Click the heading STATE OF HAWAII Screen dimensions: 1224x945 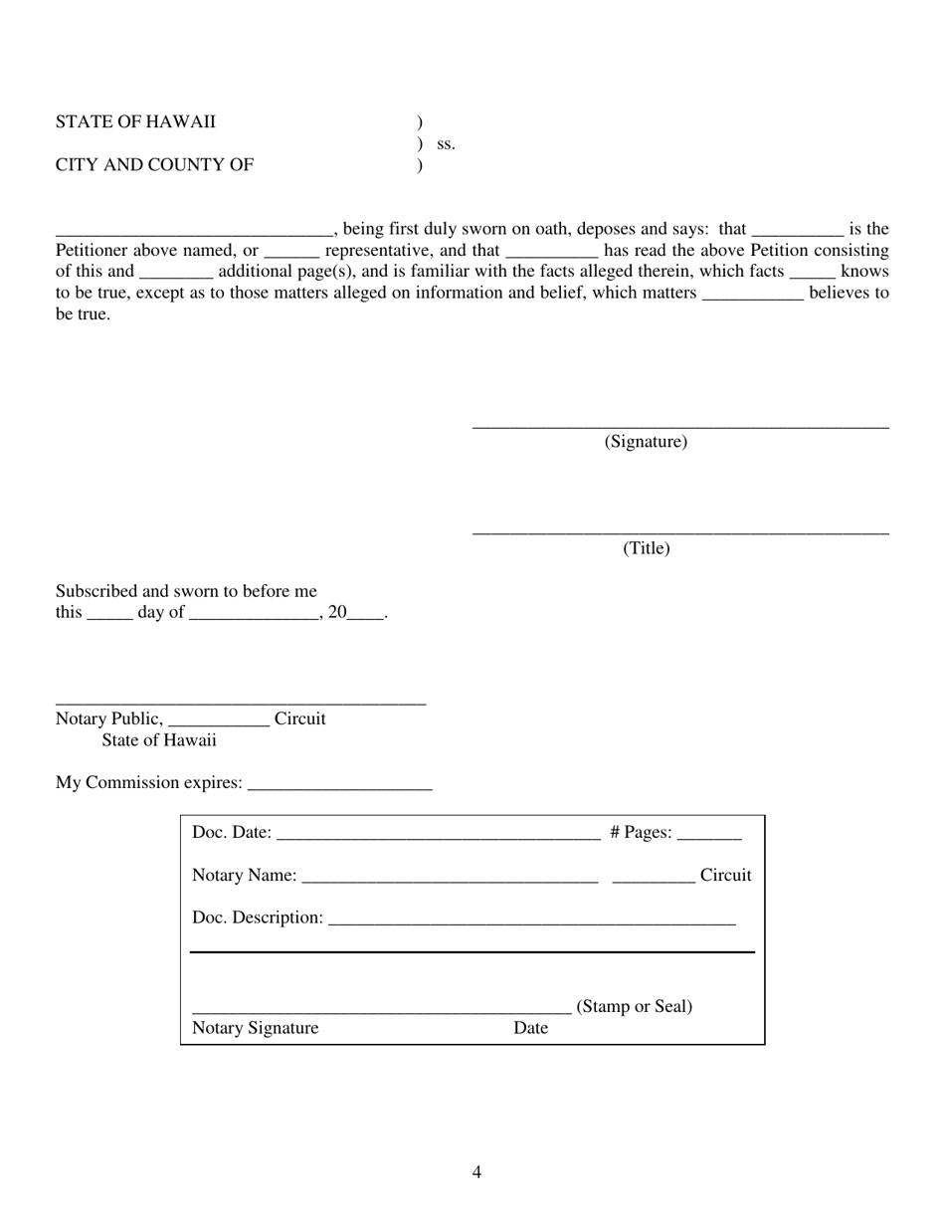coord(135,122)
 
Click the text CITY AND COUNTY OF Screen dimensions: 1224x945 coord(154,165)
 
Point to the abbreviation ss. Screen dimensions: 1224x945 coord(446,144)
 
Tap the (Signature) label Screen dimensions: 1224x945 coord(646,442)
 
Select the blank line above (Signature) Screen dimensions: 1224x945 coord(680,427)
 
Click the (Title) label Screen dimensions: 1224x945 coord(646,548)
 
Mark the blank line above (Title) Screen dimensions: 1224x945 coord(680,533)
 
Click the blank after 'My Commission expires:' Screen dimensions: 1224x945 coord(339,787)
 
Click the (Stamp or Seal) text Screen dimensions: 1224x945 coord(635,1006)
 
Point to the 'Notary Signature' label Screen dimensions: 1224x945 coord(256,1028)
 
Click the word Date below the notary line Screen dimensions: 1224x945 coord(530,1028)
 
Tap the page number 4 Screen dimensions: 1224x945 coord(476,1172)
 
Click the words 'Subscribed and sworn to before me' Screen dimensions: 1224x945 coord(186,591)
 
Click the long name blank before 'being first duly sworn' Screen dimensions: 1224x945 coord(194,234)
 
